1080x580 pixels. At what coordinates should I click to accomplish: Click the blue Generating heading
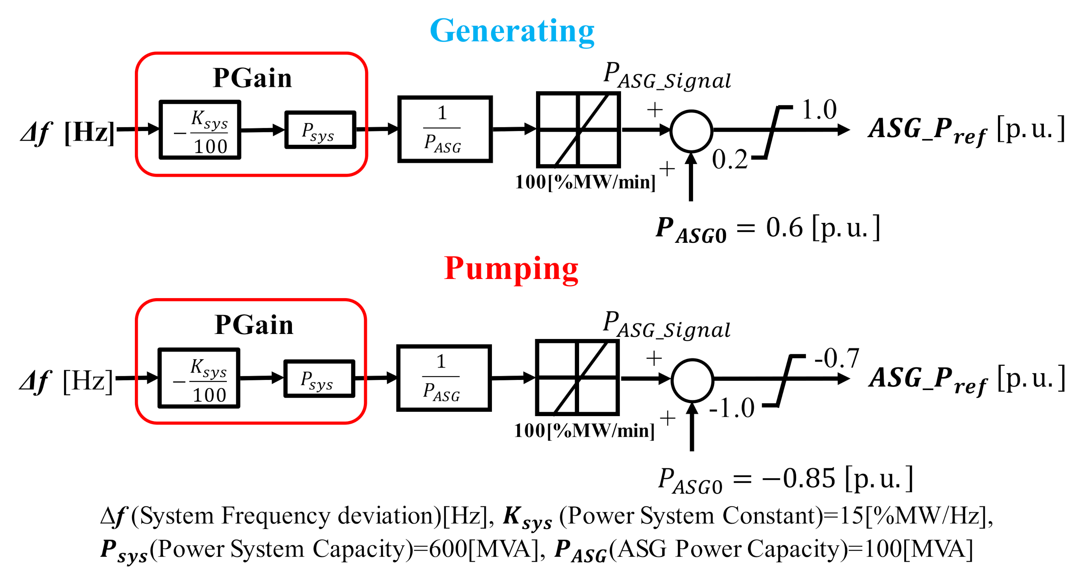coord(512,31)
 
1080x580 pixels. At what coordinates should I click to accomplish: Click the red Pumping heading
coord(511,269)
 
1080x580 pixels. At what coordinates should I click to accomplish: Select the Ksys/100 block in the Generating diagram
coord(200,130)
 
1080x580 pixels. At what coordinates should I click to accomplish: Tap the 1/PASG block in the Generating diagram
coord(445,129)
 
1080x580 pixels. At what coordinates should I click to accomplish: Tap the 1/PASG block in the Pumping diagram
coord(443,378)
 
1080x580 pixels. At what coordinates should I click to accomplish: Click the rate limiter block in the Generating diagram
coord(578,130)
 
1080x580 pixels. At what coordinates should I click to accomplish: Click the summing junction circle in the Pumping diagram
coord(692,380)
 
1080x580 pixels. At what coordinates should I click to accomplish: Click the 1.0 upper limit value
coord(819,110)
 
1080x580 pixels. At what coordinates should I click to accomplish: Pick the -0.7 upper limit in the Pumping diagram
coord(837,358)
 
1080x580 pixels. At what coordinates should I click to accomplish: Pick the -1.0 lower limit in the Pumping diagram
coord(732,408)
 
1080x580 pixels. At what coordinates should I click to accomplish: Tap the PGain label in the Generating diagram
coord(252,78)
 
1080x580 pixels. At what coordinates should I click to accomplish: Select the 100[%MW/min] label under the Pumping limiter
coord(584,431)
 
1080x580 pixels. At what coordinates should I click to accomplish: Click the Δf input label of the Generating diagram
coord(37,133)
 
